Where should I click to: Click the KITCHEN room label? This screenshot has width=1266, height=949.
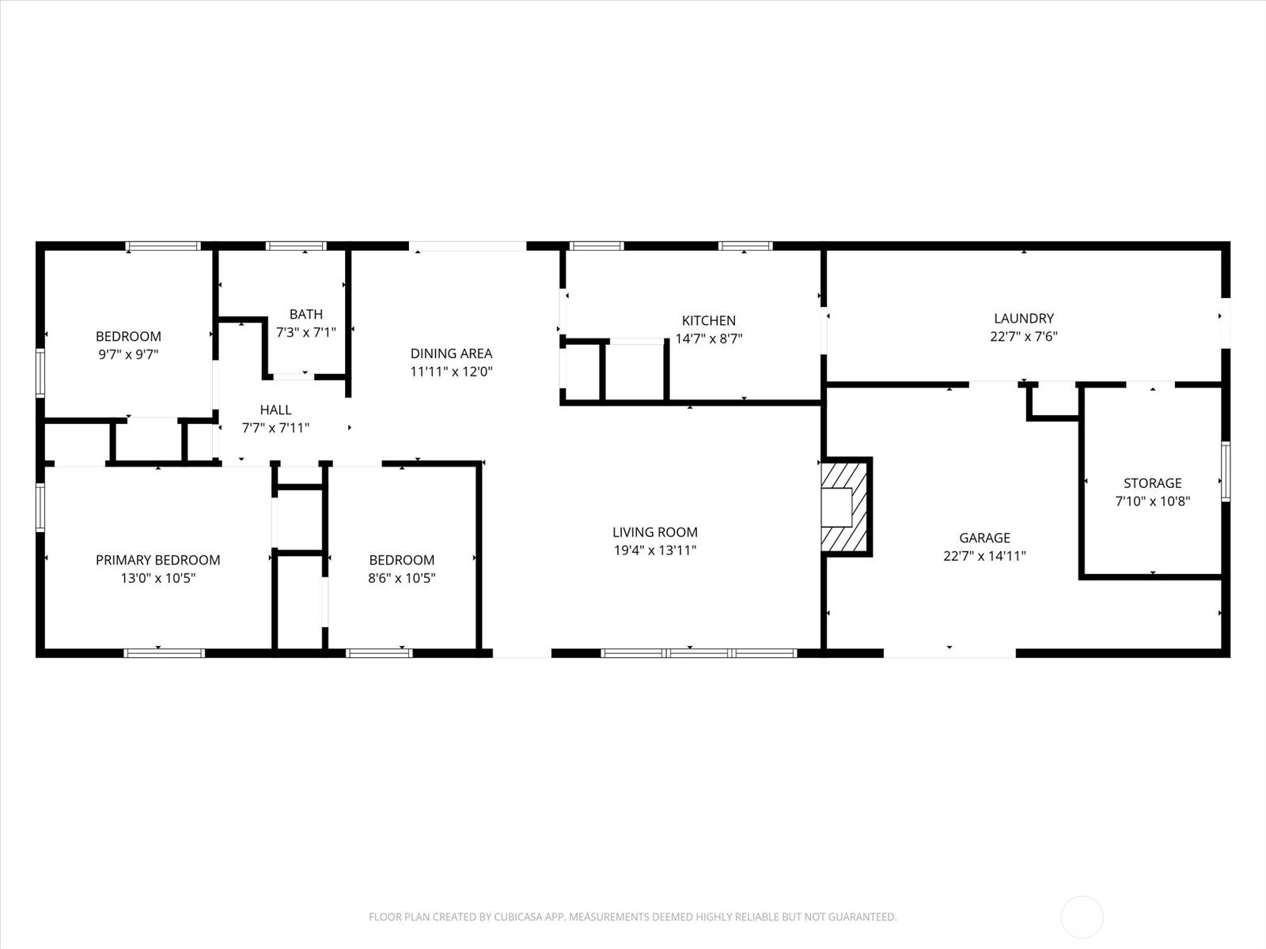coord(708,320)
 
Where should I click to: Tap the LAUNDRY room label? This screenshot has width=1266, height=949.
coord(1024,318)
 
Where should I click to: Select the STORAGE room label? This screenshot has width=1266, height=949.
coord(1152,483)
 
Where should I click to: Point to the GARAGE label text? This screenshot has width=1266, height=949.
coord(984,538)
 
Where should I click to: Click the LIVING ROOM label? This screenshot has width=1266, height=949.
coord(654,531)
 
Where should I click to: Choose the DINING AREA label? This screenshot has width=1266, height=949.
coord(451,354)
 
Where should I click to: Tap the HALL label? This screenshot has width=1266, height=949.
coord(275,410)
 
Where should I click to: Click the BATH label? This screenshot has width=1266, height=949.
coord(305,314)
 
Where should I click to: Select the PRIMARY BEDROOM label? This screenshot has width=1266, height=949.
coord(157,559)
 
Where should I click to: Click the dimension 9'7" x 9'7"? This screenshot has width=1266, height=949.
coord(128,354)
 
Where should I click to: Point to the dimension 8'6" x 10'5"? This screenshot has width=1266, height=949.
coord(401,577)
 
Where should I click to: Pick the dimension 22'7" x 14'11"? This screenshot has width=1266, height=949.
coord(984,555)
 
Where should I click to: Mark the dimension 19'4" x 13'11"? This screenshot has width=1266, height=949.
coord(654,550)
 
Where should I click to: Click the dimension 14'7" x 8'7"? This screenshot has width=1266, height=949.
coord(708,338)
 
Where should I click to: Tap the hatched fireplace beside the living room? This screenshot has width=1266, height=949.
coord(846,506)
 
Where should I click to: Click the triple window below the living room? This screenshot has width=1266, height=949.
coord(699,653)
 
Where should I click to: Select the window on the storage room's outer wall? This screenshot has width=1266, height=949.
coord(1226,471)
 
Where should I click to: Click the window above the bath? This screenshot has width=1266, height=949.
coord(296,246)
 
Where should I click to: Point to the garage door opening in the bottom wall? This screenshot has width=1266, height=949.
coord(949,653)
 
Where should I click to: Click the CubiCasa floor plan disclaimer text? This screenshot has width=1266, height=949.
coord(633,916)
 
